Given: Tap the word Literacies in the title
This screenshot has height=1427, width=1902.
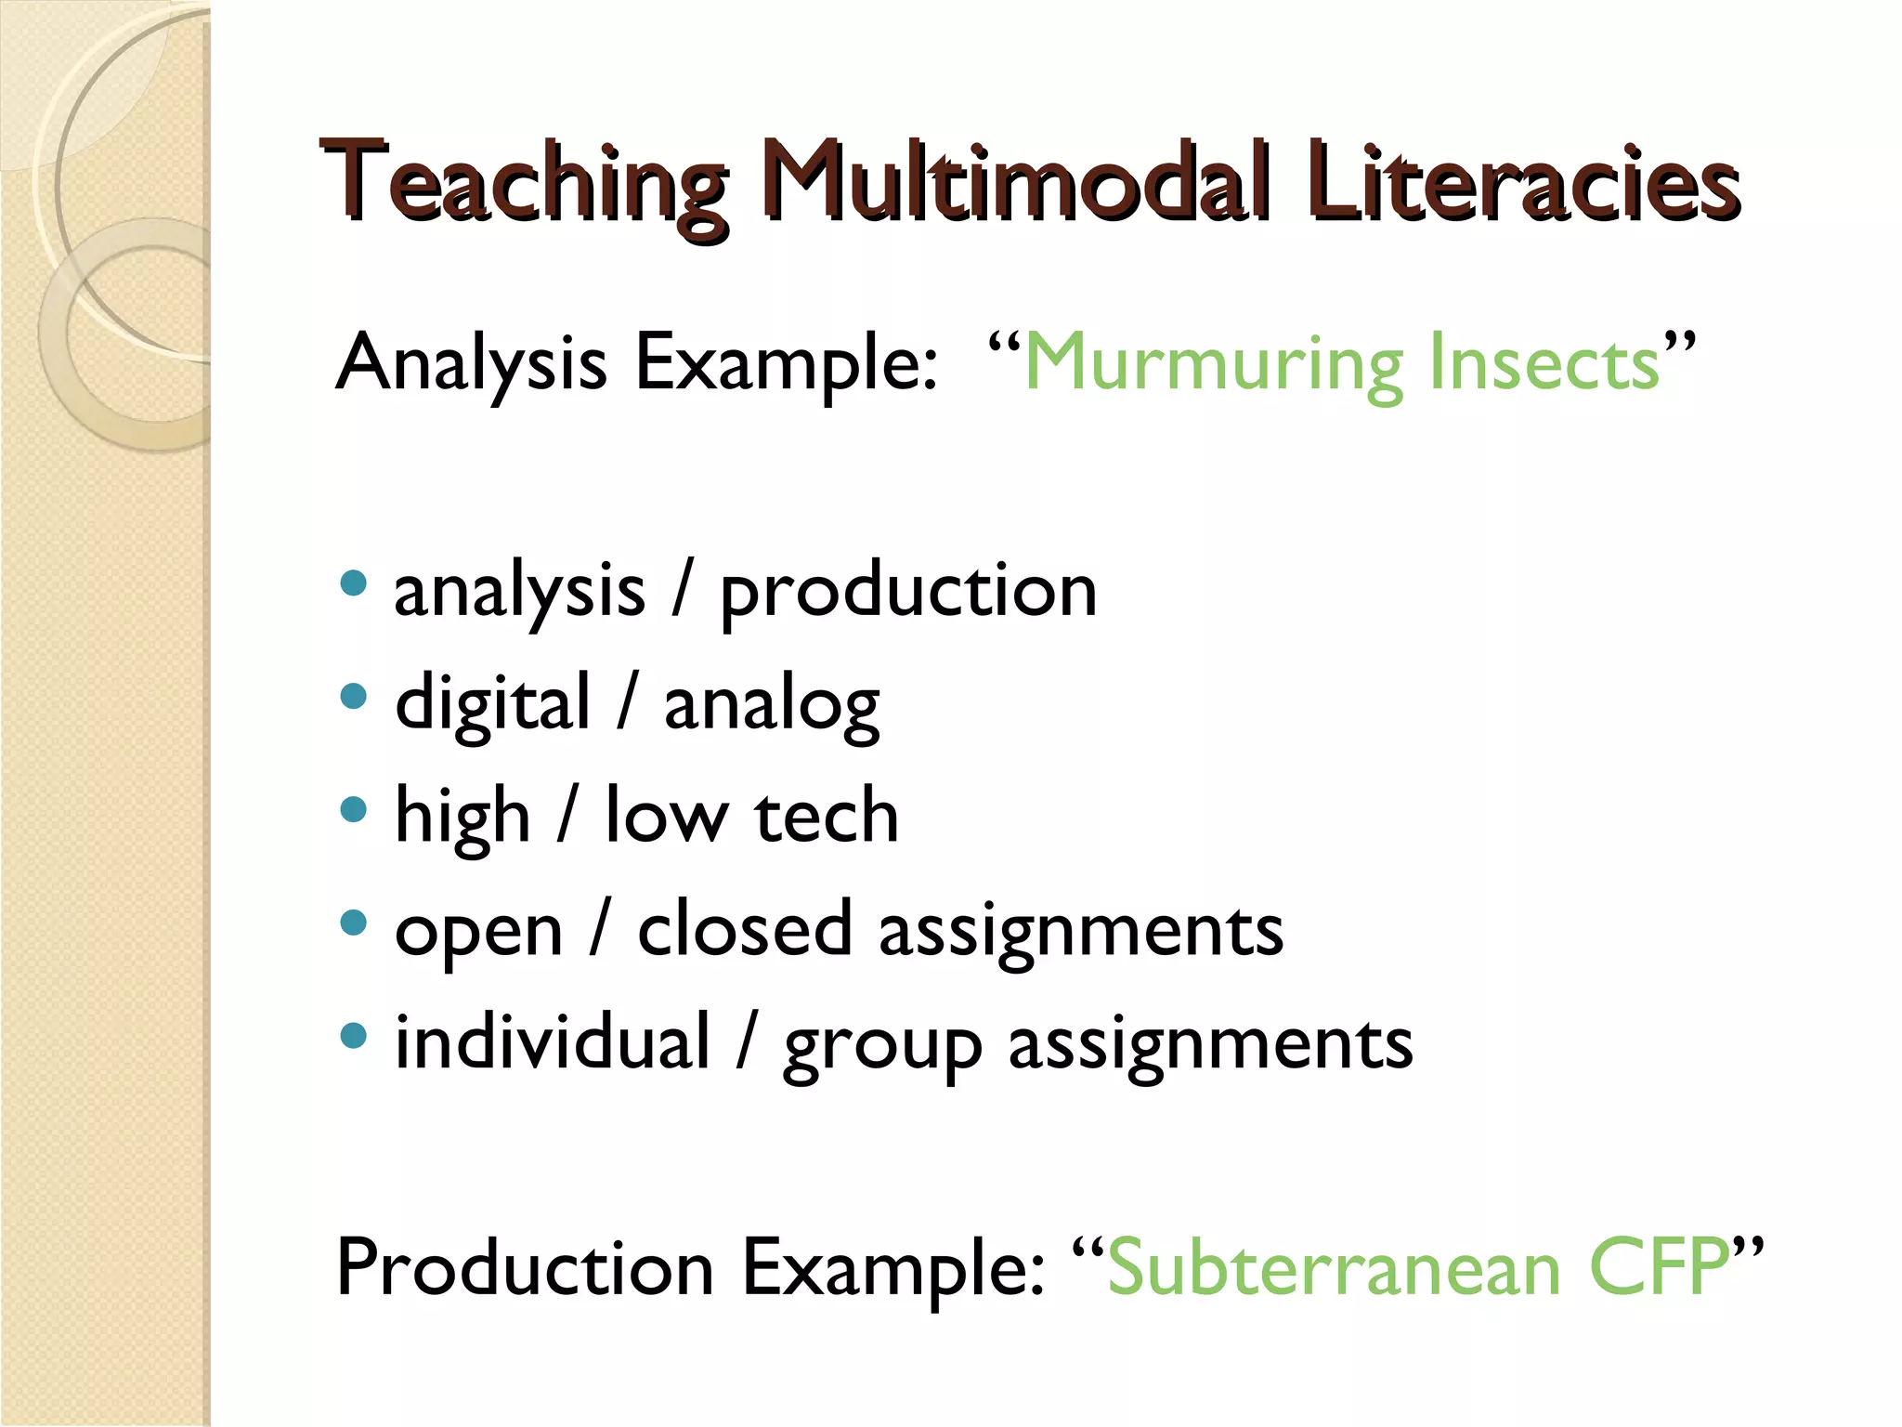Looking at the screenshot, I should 1523,183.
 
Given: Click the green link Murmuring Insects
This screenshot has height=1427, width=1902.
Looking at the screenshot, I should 1341,363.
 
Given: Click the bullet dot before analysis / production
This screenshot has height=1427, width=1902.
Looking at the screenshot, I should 354,583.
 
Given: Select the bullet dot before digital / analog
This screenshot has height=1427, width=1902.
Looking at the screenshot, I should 354,697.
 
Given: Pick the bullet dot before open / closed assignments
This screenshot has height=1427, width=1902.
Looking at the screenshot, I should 354,923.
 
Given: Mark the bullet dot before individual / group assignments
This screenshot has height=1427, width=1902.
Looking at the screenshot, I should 354,1036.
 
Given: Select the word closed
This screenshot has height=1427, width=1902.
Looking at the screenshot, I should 744,929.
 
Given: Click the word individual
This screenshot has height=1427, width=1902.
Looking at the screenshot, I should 553,1042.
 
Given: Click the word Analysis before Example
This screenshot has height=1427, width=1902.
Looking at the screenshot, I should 472,363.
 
